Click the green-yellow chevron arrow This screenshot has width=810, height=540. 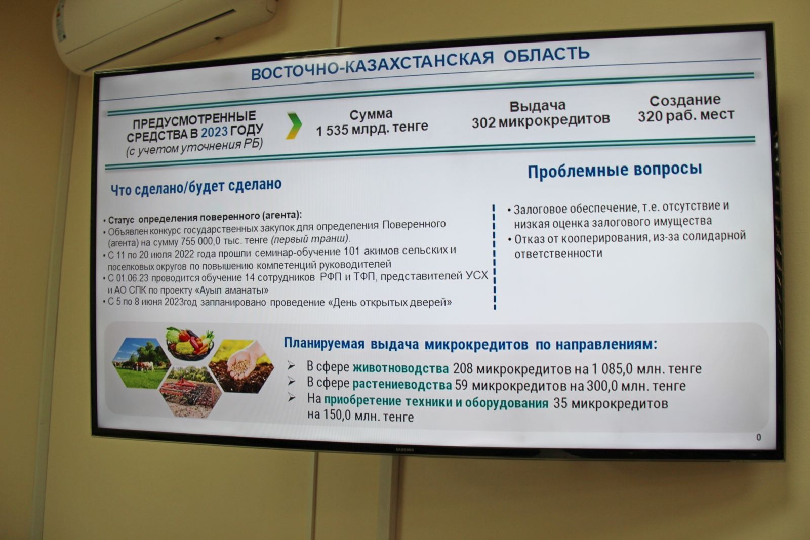click(x=294, y=126)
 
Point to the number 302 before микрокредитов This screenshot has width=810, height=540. click(x=483, y=122)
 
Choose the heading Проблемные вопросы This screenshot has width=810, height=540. click(x=615, y=171)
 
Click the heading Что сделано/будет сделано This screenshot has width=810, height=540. click(x=196, y=187)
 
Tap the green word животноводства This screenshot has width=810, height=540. click(x=400, y=368)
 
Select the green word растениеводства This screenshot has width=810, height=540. click(x=402, y=384)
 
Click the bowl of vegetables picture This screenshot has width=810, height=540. click(x=190, y=343)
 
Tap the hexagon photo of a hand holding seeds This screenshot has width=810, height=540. click(x=241, y=366)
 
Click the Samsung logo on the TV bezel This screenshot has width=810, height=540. click(x=404, y=450)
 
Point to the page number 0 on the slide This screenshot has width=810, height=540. click(x=759, y=437)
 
